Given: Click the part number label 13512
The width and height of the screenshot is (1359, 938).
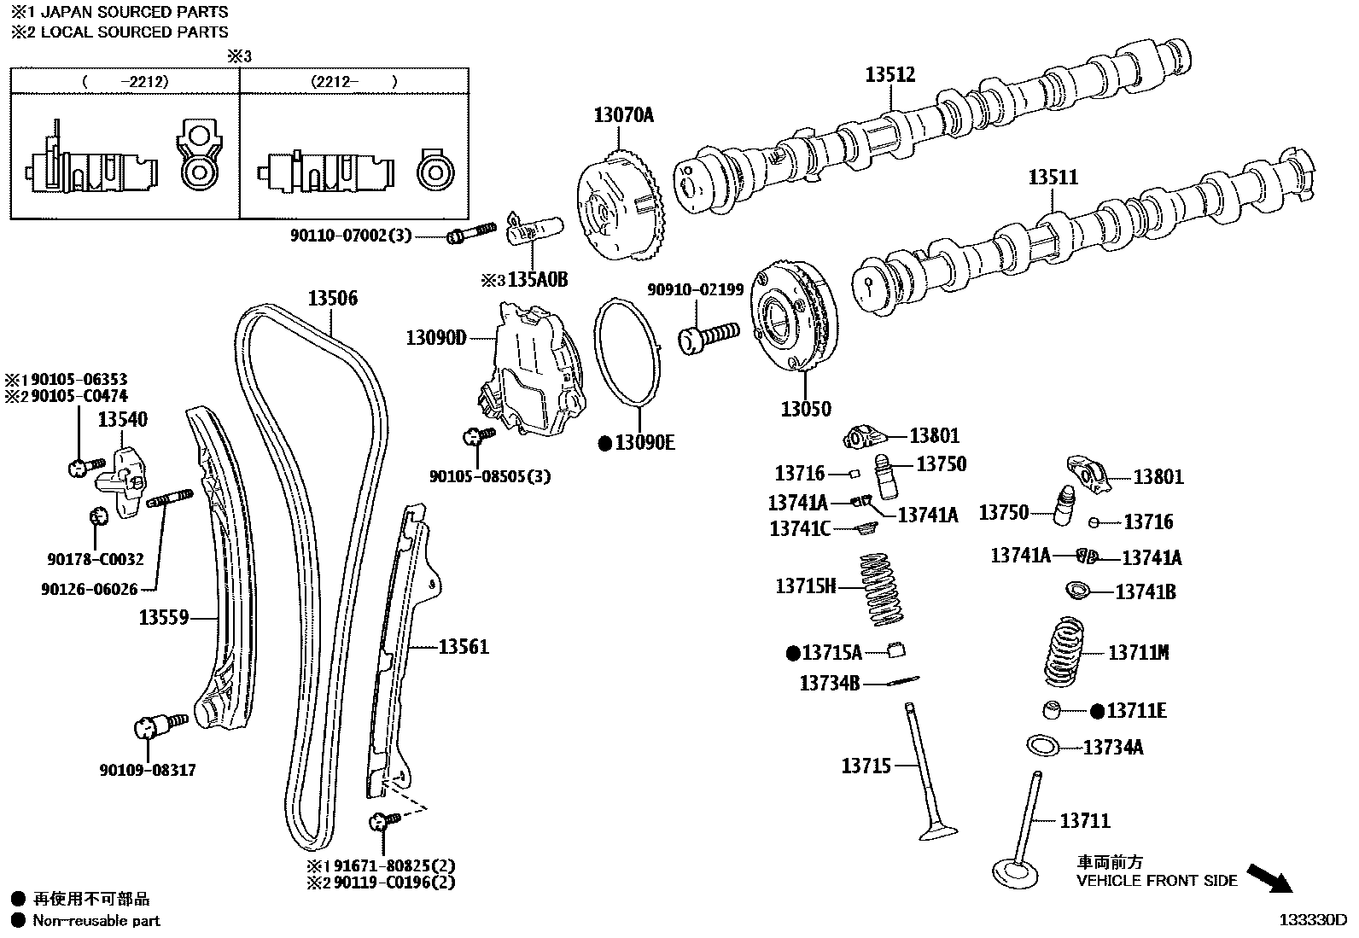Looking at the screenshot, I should (x=889, y=74).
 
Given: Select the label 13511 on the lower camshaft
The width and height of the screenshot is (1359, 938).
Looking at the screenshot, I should (x=1053, y=178).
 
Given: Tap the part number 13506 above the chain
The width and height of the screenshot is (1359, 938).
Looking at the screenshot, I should (x=333, y=298).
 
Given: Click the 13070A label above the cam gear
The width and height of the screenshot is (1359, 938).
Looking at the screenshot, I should (x=623, y=114).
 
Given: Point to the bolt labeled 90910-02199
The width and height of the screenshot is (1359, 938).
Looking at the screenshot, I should (x=708, y=335).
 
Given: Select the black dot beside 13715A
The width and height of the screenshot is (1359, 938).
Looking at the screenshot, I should (x=793, y=654).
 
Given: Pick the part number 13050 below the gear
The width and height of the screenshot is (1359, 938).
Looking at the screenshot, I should (x=805, y=409).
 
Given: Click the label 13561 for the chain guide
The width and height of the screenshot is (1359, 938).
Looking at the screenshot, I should (x=464, y=647).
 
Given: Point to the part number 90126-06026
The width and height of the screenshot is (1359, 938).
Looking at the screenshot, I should (x=89, y=589).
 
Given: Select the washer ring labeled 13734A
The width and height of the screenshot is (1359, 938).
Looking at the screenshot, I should (x=1042, y=745).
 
